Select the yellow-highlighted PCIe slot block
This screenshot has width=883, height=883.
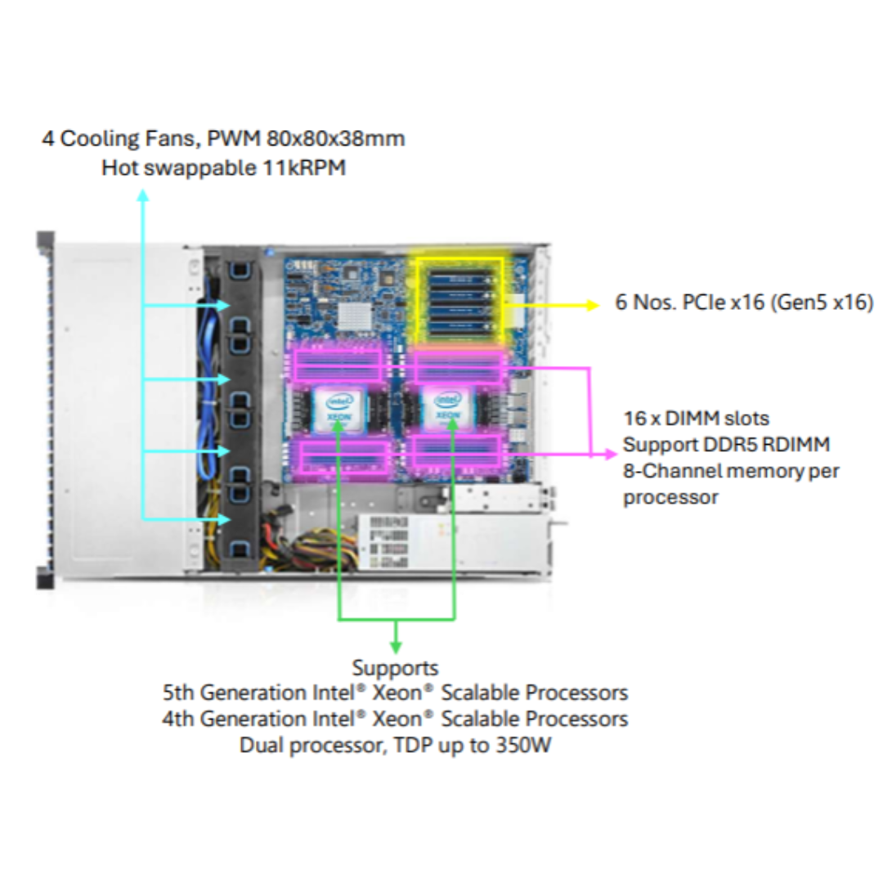(459, 300)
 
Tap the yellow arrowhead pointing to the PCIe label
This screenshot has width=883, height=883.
(592, 305)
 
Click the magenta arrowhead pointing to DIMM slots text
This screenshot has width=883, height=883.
(611, 454)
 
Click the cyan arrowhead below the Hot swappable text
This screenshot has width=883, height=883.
(143, 195)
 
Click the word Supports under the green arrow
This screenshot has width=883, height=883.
(396, 668)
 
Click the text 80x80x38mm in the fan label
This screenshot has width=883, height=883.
(336, 138)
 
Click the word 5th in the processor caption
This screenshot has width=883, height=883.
(178, 693)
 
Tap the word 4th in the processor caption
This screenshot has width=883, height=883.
(178, 719)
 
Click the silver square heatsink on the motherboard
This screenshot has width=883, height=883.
(354, 316)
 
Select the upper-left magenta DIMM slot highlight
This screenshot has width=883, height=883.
(338, 365)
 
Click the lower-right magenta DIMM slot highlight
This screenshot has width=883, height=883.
(457, 451)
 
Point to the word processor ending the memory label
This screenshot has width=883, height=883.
(670, 498)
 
